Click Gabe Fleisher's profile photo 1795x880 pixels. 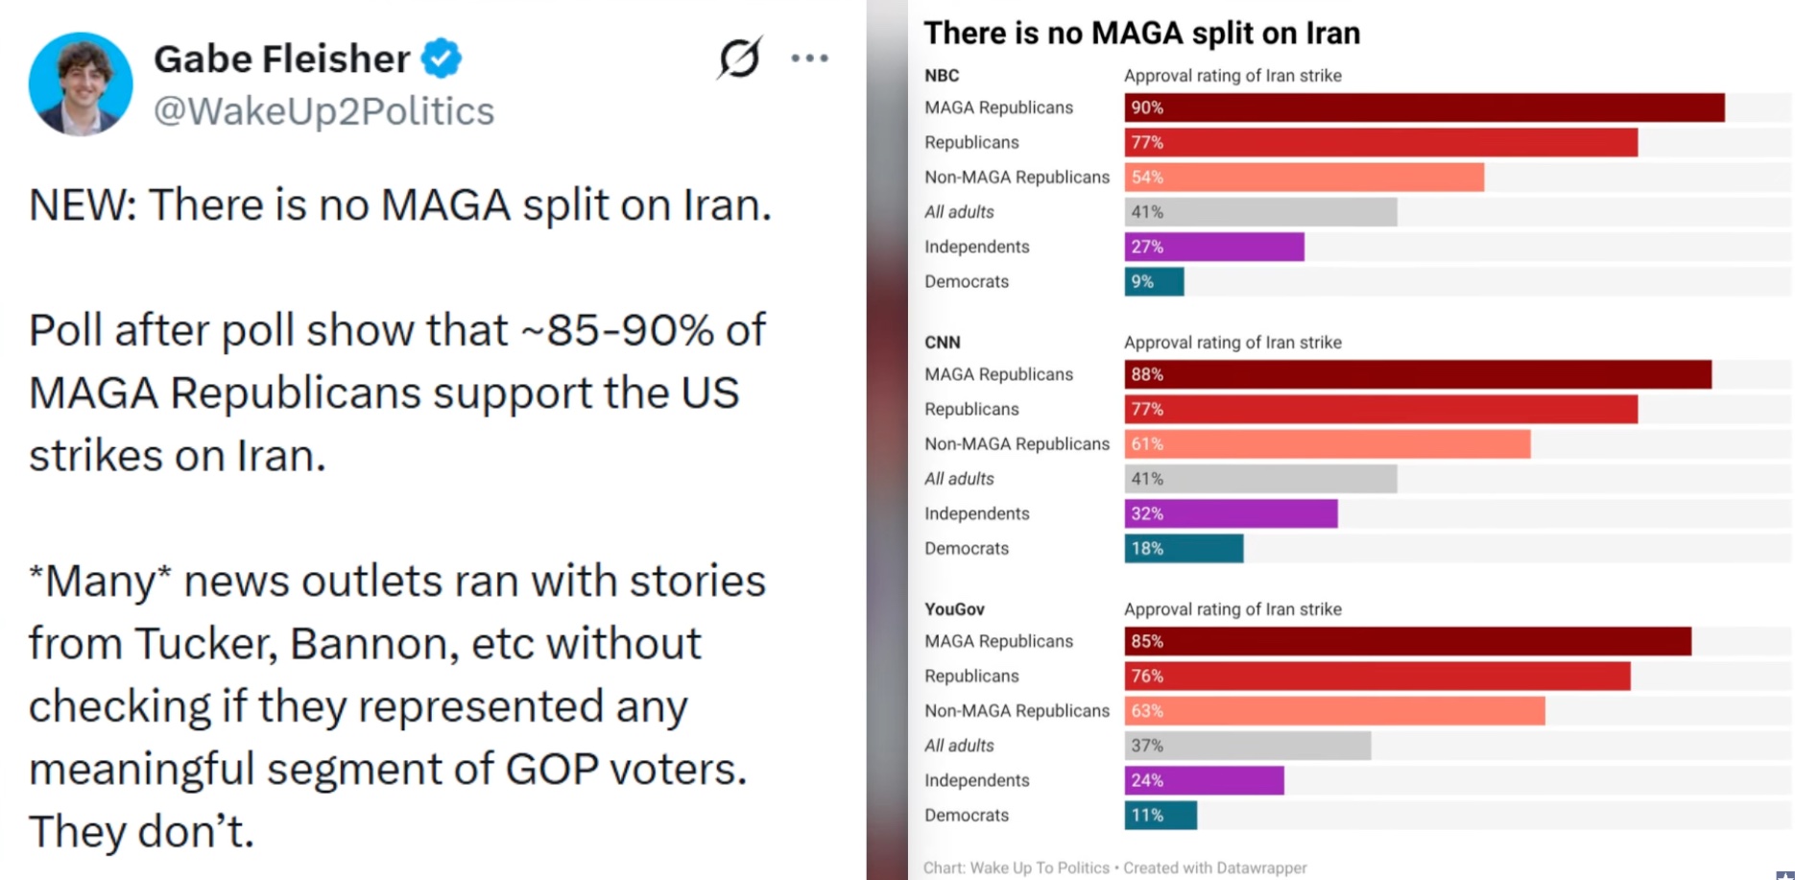pos(81,83)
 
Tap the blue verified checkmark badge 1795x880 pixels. pos(442,59)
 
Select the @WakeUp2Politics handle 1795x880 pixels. pos(323,111)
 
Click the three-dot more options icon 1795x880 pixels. pos(809,59)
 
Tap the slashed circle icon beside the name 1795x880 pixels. pos(739,58)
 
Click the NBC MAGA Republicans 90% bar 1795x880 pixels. pos(1424,107)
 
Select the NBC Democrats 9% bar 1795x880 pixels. pos(1154,281)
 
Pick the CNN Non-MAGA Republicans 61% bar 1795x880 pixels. pos(1327,443)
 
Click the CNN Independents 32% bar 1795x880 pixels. pos(1231,513)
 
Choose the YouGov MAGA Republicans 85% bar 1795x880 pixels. pos(1407,641)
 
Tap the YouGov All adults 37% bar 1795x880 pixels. pos(1247,746)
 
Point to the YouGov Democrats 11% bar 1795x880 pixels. pos(1161,816)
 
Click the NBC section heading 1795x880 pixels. pos(942,76)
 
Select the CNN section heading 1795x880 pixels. pos(943,343)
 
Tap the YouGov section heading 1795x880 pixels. pos(954,609)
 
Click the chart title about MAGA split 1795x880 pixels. pos(1141,34)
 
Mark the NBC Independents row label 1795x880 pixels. pos(976,247)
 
